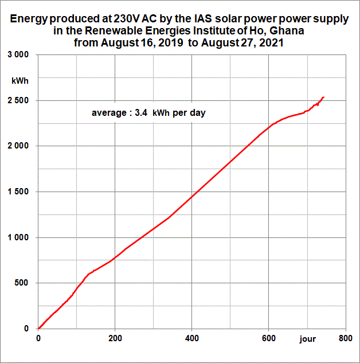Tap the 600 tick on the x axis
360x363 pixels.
coord(268,339)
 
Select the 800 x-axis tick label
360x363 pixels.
coord(345,339)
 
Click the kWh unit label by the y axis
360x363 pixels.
coord(19,80)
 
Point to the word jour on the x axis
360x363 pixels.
coord(307,339)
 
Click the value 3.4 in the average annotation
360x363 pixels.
coord(140,113)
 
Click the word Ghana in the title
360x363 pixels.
coord(287,30)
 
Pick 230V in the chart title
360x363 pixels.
coord(131,18)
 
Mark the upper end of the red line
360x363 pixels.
coord(323,97)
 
